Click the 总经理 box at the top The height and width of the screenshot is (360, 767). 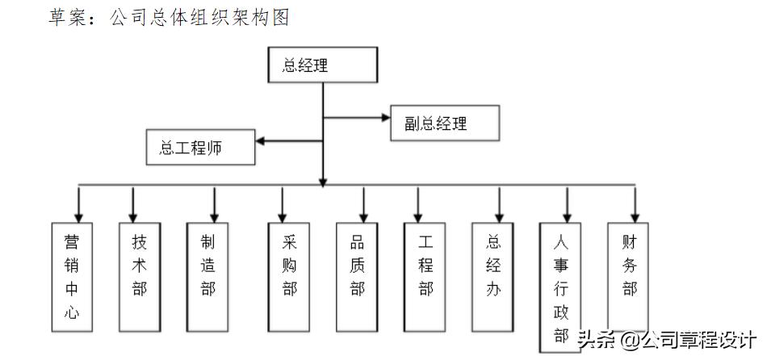click(322, 65)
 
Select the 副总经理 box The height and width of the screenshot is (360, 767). click(445, 123)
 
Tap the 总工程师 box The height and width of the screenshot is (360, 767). click(200, 147)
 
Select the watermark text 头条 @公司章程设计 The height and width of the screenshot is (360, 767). click(666, 339)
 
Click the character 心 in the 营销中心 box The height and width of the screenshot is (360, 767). click(72, 313)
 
